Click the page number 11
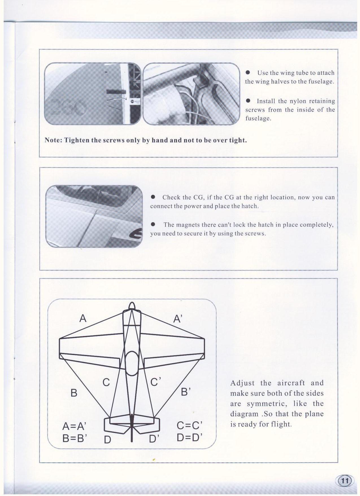click(x=344, y=480)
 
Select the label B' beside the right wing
click(x=186, y=392)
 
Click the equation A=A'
click(x=74, y=426)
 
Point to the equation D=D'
click(x=189, y=437)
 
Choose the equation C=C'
click(x=189, y=426)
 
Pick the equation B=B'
click(x=74, y=438)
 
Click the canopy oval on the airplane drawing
click(x=132, y=363)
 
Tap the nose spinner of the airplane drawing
click(x=132, y=306)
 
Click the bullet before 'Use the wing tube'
click(x=248, y=72)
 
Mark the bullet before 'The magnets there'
click(x=153, y=224)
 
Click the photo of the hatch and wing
click(x=94, y=216)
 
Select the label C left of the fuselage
click(x=106, y=382)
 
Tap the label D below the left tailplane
click(x=107, y=440)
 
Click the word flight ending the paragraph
click(x=280, y=424)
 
